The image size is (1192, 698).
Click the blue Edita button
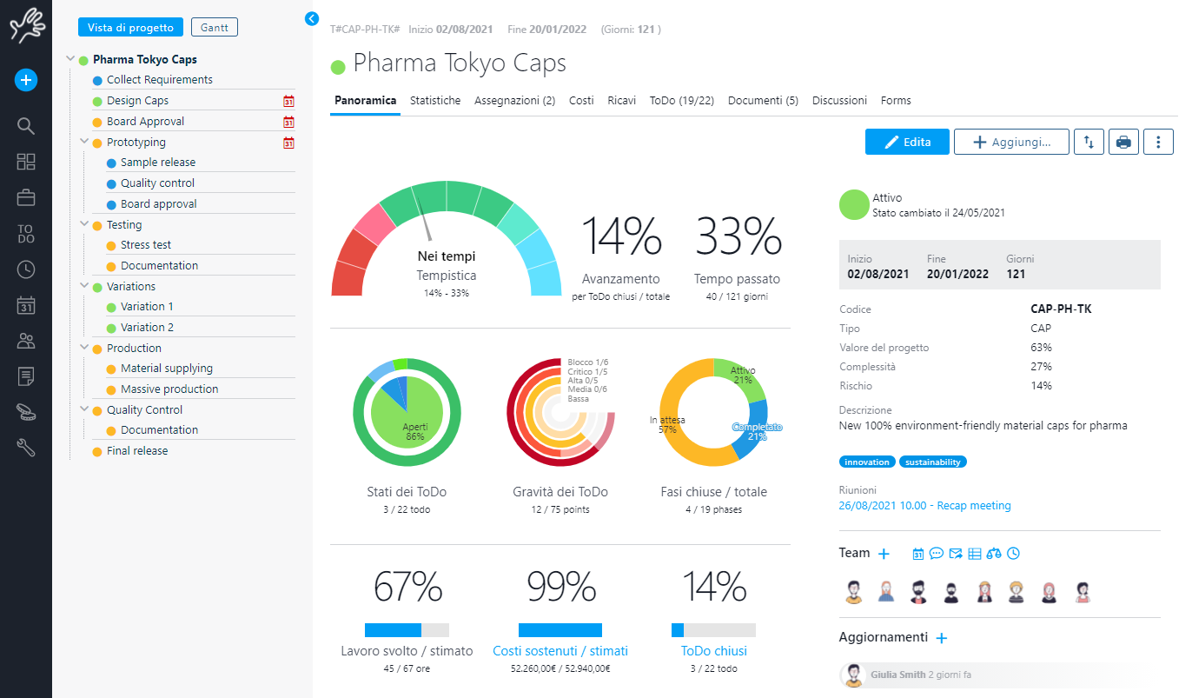coord(907,142)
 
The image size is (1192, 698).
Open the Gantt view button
coord(214,28)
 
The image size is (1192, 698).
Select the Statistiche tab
coord(435,101)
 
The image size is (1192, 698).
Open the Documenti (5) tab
coord(763,101)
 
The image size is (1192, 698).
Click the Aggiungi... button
coord(1011,142)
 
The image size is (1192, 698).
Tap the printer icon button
coord(1123,142)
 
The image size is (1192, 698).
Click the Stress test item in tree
coord(146,245)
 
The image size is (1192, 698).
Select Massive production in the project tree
coord(169,389)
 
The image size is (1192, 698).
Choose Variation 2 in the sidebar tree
coord(147,328)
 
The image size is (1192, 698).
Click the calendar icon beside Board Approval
coord(289,122)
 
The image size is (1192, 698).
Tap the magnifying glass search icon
coord(26,126)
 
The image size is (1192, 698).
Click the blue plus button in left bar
coord(26,81)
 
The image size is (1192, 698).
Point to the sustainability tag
coord(933,462)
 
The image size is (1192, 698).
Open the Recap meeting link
coord(924,506)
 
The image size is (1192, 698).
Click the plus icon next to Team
coord(884,554)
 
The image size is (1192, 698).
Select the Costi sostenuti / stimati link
coord(560,651)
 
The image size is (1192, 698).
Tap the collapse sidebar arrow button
coord(313,18)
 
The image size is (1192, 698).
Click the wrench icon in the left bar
coord(26,449)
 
